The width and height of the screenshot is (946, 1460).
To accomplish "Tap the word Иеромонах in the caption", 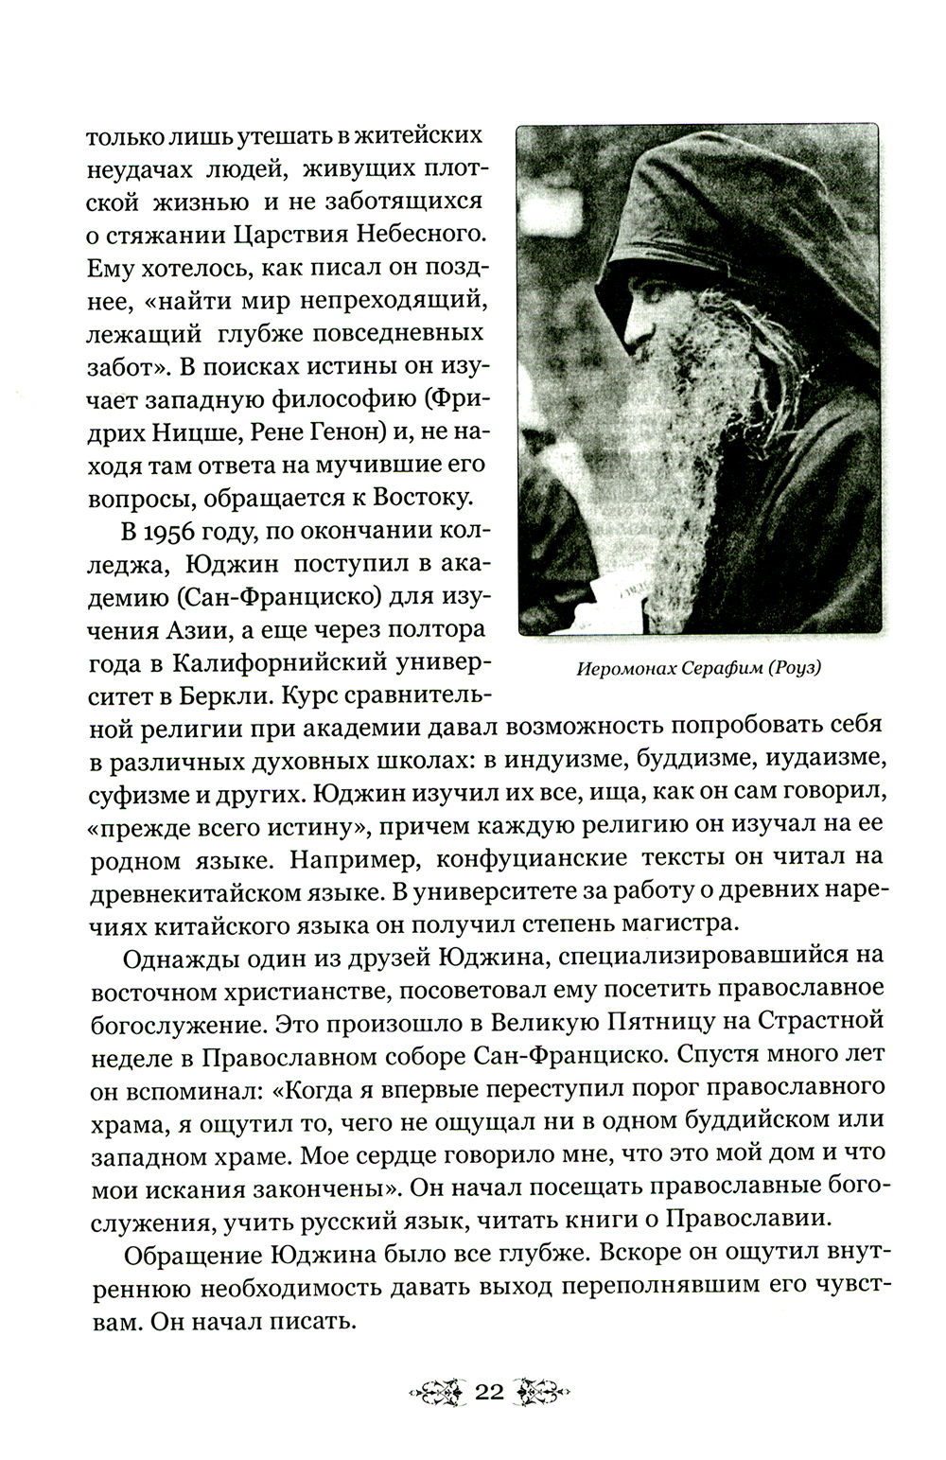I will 621,669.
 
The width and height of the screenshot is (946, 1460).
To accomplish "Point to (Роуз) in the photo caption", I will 792,669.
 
